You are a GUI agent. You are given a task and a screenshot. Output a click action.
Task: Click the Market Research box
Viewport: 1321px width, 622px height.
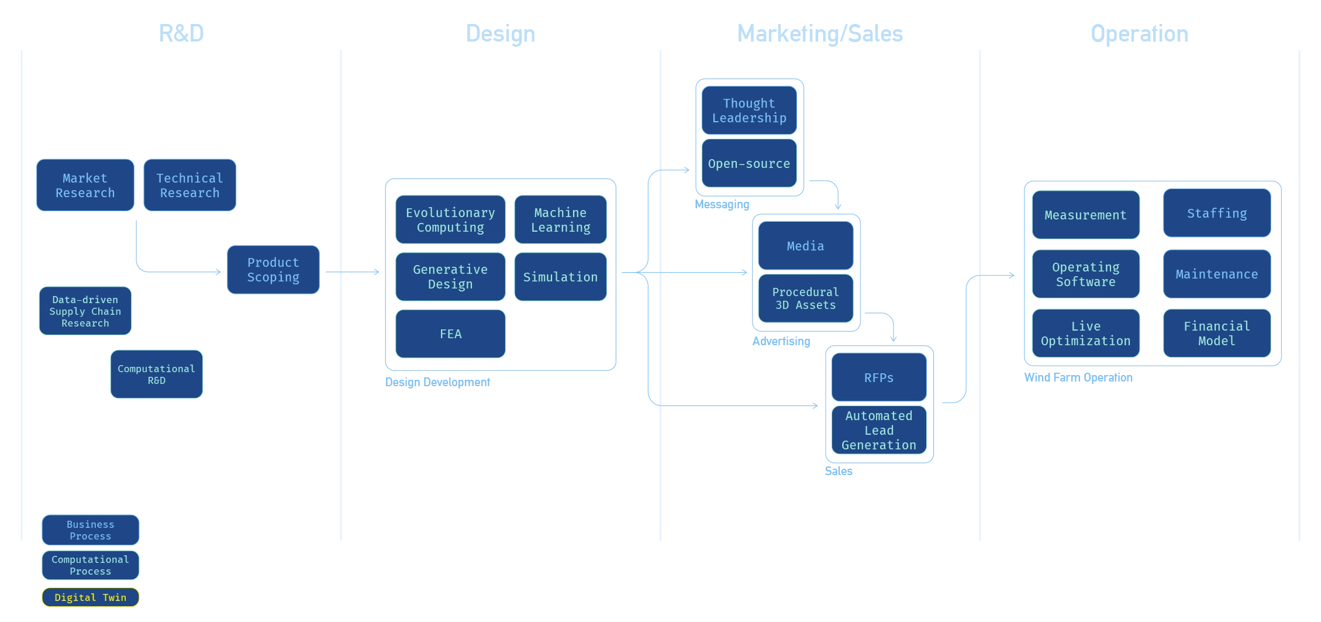click(85, 185)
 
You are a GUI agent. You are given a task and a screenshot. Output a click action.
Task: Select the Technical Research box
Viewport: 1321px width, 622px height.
click(189, 185)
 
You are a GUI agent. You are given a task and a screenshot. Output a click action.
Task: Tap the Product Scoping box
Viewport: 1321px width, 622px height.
click(273, 270)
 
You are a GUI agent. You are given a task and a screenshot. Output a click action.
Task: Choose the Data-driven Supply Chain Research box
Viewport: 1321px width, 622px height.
click(85, 311)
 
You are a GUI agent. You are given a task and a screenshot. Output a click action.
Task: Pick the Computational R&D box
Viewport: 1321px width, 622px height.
click(156, 374)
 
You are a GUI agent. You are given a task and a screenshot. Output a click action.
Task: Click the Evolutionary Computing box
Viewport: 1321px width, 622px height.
click(450, 220)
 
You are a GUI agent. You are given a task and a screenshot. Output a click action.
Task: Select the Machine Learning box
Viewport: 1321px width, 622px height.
click(560, 220)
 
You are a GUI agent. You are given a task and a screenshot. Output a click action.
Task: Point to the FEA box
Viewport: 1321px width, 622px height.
click(450, 334)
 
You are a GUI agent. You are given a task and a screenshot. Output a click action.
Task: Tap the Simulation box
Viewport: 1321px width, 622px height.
click(560, 277)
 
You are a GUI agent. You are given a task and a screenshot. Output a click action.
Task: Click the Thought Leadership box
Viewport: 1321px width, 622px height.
click(749, 111)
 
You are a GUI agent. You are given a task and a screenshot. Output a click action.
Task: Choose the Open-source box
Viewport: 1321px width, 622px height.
click(749, 164)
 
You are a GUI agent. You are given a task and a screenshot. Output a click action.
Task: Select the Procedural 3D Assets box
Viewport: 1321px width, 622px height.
click(805, 298)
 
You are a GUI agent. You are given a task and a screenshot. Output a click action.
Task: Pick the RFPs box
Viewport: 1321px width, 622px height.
click(879, 378)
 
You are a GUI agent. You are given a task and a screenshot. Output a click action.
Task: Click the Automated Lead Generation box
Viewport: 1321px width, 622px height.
click(879, 431)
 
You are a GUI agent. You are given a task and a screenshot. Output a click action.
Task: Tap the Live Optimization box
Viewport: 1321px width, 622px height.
click(1086, 334)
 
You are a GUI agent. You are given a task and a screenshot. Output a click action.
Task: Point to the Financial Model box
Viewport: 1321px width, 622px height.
click(1217, 334)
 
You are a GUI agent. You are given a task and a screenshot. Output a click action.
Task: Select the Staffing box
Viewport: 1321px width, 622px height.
click(1217, 214)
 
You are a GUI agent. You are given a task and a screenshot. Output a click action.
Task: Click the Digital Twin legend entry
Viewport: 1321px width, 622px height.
click(91, 597)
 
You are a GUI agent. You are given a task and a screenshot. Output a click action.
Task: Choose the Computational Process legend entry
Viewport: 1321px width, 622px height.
click(91, 565)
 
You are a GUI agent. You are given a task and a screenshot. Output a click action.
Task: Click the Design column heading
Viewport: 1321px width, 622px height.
click(500, 33)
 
